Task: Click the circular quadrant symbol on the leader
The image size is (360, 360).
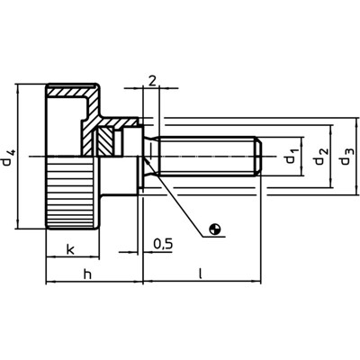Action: pyautogui.click(x=214, y=230)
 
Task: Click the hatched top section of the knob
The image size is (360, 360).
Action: pyautogui.click(x=72, y=92)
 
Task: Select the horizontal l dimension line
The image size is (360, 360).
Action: pyautogui.click(x=202, y=282)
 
